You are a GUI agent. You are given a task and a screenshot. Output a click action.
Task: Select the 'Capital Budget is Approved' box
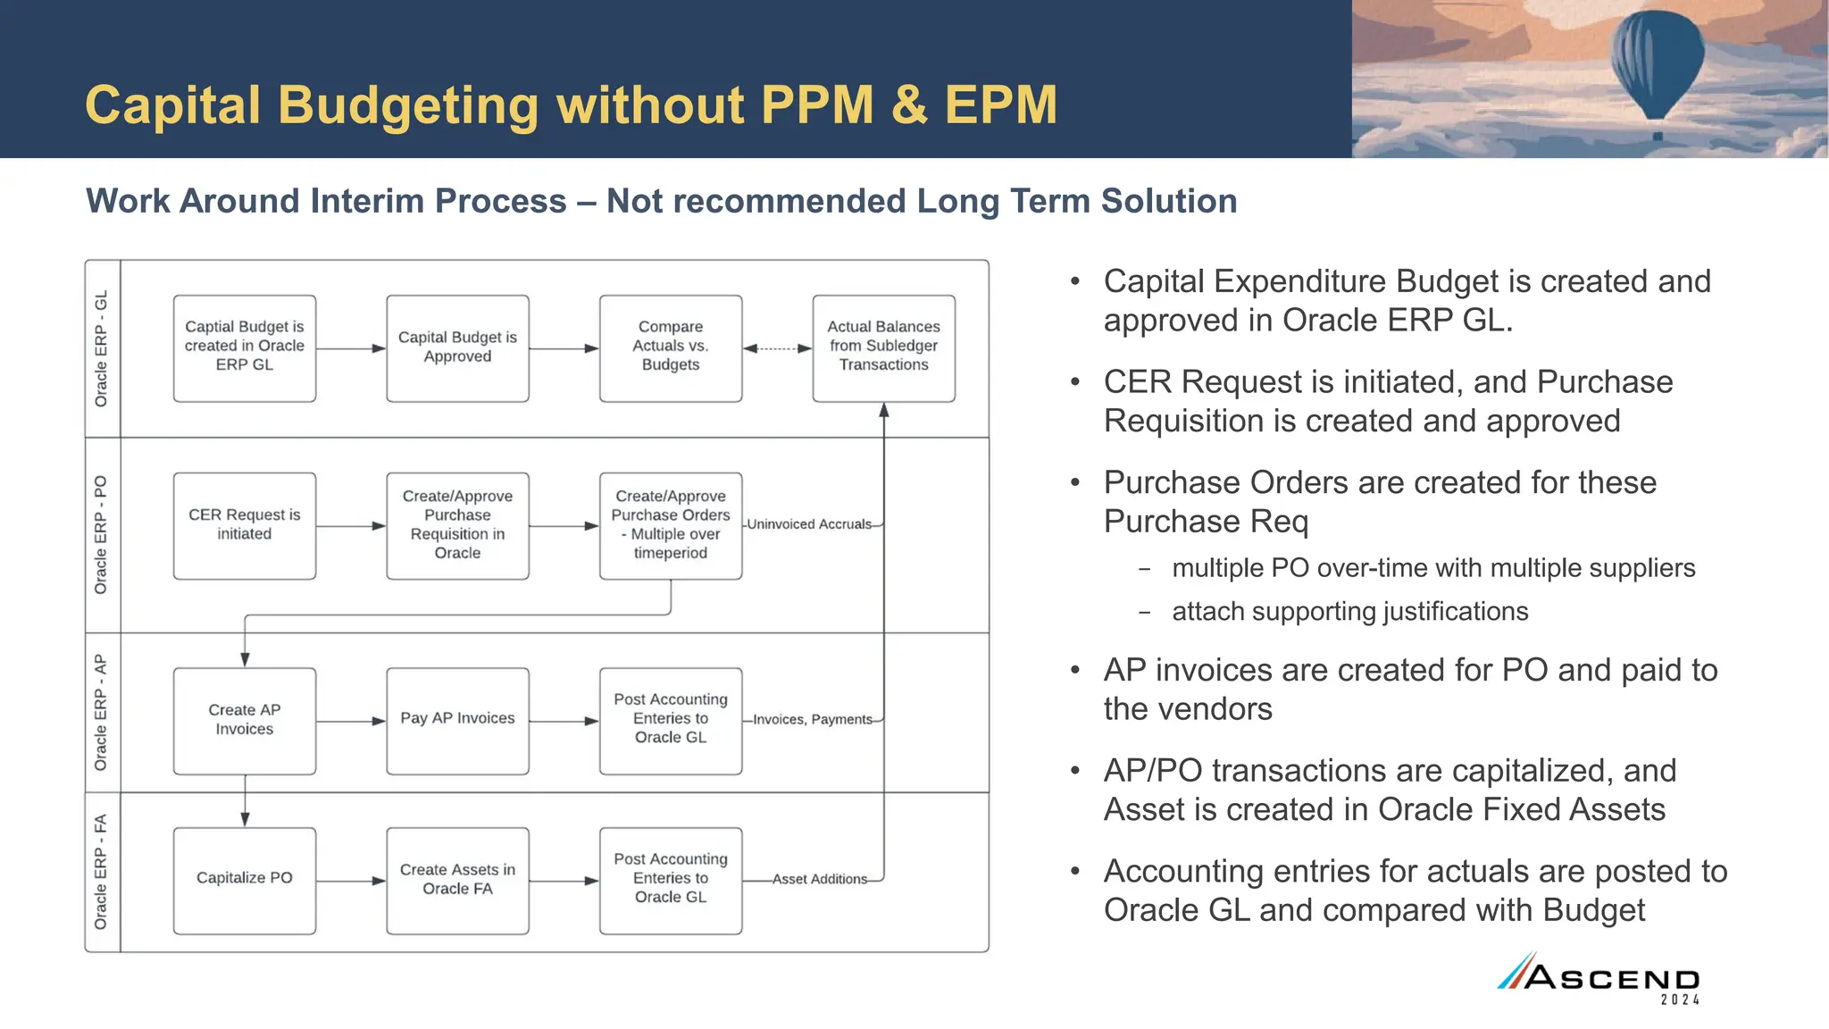(457, 348)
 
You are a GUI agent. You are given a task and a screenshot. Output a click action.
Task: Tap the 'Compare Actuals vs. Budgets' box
(671, 348)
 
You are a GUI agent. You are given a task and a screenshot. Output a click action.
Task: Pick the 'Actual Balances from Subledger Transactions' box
(883, 348)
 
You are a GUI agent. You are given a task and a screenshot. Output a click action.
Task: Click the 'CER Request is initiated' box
(244, 525)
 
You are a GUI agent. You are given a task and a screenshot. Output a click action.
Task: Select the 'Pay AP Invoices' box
(457, 720)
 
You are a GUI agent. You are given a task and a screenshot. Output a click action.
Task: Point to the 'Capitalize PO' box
(244, 880)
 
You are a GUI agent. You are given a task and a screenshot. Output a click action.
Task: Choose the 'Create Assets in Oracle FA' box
(457, 880)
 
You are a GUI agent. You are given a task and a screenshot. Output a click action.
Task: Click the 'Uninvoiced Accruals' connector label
(809, 524)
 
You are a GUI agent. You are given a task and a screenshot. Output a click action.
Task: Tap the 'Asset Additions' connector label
(819, 879)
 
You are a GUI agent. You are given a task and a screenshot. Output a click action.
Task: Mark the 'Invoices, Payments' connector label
(812, 719)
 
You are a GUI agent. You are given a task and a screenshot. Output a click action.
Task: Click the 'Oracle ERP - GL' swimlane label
(102, 348)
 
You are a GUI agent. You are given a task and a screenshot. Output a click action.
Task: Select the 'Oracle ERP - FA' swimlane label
(102, 872)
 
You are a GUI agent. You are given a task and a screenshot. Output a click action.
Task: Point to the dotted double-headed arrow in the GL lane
(777, 348)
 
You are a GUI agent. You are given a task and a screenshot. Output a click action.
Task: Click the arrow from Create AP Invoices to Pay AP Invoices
(351, 721)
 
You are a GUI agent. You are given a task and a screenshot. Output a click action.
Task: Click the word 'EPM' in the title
(1000, 105)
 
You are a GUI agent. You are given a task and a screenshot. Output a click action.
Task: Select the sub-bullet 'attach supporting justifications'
(1349, 612)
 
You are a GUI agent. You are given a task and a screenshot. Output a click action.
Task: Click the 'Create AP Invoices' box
(244, 720)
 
